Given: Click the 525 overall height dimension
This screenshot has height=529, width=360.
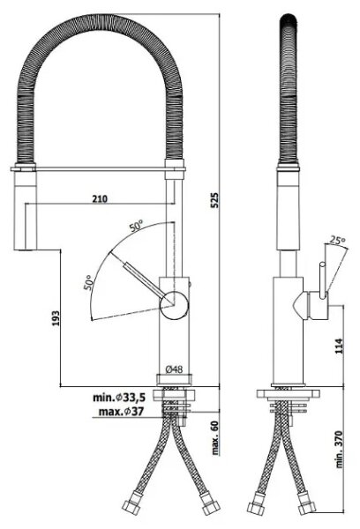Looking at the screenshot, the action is (x=215, y=200).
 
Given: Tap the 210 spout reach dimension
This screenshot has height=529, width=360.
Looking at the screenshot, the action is (x=100, y=198).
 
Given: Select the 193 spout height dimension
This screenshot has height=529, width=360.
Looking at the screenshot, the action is (x=56, y=317).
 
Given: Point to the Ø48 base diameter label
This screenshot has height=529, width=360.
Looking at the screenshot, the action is (x=174, y=369).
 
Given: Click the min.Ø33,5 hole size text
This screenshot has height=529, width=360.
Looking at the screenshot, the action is (x=119, y=398).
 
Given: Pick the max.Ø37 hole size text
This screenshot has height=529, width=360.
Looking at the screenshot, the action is (x=121, y=411).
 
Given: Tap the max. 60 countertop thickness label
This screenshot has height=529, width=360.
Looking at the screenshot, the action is (x=215, y=437).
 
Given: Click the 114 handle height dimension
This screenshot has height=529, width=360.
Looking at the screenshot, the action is (x=339, y=346).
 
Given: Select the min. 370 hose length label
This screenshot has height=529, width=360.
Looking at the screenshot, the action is (x=339, y=449).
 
